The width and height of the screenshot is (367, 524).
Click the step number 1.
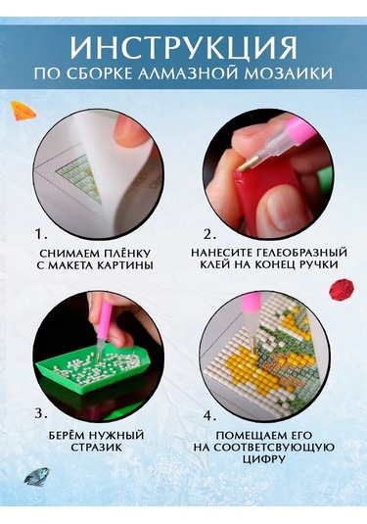(41, 235)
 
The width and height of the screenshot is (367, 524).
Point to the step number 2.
(210, 235)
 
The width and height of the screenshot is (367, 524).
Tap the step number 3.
(40, 414)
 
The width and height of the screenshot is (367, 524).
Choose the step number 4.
(210, 416)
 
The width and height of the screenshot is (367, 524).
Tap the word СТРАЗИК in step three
(96, 448)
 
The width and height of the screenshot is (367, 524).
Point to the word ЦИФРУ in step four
(264, 458)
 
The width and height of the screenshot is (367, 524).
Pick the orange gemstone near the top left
(23, 111)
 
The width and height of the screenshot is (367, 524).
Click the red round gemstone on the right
(342, 289)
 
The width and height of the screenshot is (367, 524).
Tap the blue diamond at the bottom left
(36, 476)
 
